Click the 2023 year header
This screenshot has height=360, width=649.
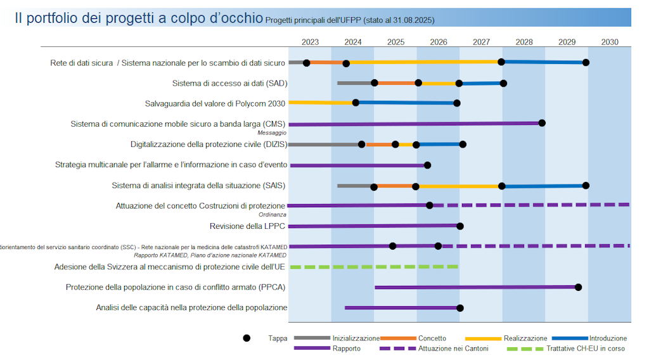point(310,42)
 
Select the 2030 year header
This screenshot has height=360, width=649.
point(610,42)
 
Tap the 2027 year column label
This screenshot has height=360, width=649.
point(481,42)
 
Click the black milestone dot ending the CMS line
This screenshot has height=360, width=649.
point(542,123)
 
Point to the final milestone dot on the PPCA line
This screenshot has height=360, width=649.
point(578,287)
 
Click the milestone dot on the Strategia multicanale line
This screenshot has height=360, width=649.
point(427,165)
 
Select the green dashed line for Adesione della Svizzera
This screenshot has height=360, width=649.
point(374,267)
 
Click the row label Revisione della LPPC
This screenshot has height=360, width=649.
point(247,226)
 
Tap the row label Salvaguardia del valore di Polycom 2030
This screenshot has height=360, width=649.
point(215,103)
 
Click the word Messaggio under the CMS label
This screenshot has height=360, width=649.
point(272,133)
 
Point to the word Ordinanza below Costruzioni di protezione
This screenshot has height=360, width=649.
point(273,215)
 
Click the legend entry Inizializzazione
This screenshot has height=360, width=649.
point(356,338)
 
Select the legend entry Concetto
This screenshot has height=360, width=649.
point(432,338)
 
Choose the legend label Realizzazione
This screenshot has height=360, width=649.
point(525,338)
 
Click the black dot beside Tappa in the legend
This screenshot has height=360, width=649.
point(247,338)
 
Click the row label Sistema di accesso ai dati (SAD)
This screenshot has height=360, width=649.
point(229,83)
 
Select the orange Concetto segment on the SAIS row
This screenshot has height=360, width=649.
point(394,186)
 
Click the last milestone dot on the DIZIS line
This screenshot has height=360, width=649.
point(463,145)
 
